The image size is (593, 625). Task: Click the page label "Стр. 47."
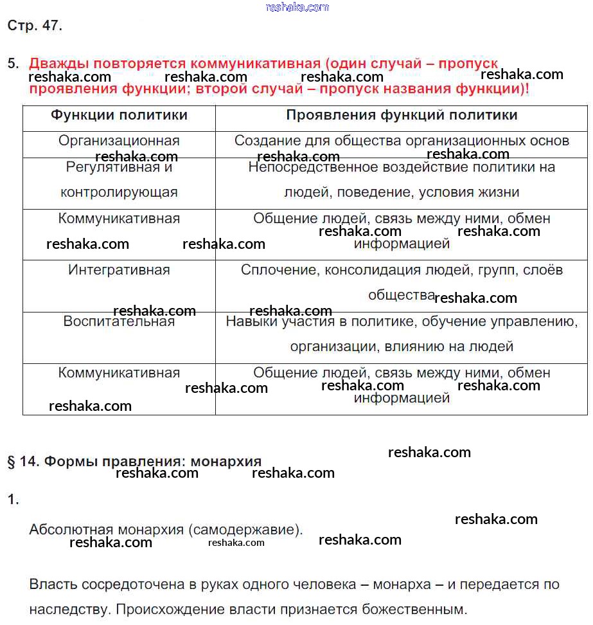click(35, 26)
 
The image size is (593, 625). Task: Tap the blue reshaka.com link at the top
click(297, 7)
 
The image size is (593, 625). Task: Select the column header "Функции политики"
click(119, 115)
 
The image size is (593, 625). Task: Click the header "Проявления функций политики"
click(402, 115)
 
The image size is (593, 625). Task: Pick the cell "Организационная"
click(119, 141)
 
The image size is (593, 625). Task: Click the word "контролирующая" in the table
click(119, 192)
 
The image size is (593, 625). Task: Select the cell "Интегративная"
click(119, 270)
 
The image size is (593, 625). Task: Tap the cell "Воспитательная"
click(119, 322)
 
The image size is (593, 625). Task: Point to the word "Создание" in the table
click(263, 141)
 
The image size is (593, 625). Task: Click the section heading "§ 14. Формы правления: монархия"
click(134, 462)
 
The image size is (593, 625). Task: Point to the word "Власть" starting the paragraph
click(51, 584)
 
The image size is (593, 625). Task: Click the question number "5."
click(13, 64)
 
